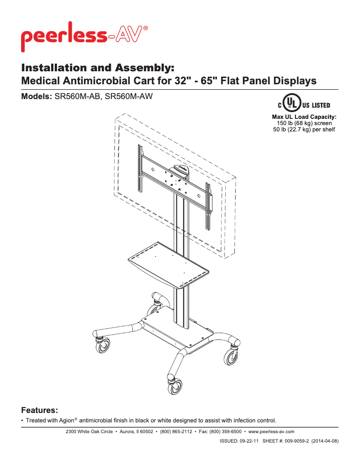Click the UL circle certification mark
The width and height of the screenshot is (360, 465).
pyautogui.click(x=292, y=105)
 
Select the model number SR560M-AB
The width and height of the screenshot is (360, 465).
pyautogui.click(x=77, y=96)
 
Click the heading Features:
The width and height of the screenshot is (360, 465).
pyautogui.click(x=40, y=410)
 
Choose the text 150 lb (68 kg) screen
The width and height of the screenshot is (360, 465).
pyautogui.click(x=304, y=124)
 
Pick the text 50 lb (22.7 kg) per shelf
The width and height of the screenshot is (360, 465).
pyautogui.click(x=304, y=130)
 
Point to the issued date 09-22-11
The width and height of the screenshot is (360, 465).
pyautogui.click(x=246, y=441)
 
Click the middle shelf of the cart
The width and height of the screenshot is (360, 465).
pyautogui.click(x=168, y=265)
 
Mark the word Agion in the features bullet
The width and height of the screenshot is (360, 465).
pyautogui.click(x=67, y=421)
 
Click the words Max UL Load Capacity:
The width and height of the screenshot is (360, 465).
pyautogui.click(x=304, y=117)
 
